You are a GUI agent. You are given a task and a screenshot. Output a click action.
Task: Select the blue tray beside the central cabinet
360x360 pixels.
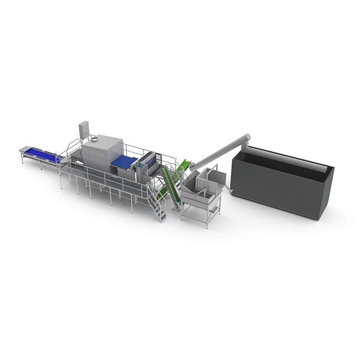pos(125,162)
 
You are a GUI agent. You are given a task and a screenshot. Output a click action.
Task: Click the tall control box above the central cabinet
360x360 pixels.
pos(84,130)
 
